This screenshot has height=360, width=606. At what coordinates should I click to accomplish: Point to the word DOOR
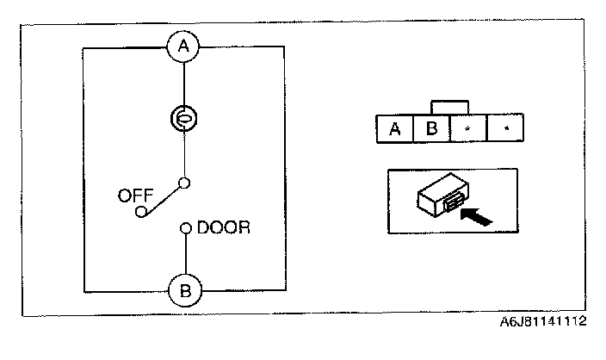(x=224, y=228)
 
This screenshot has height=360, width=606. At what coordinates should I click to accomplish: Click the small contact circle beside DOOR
(x=184, y=228)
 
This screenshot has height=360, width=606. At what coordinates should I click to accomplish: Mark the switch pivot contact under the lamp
(x=183, y=182)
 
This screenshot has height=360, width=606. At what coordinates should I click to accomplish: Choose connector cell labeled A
(x=395, y=129)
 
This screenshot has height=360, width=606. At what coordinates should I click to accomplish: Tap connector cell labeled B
(x=433, y=129)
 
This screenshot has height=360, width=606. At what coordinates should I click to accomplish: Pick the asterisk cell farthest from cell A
(x=506, y=129)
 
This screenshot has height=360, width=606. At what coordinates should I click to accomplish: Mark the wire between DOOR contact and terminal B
(x=184, y=254)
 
